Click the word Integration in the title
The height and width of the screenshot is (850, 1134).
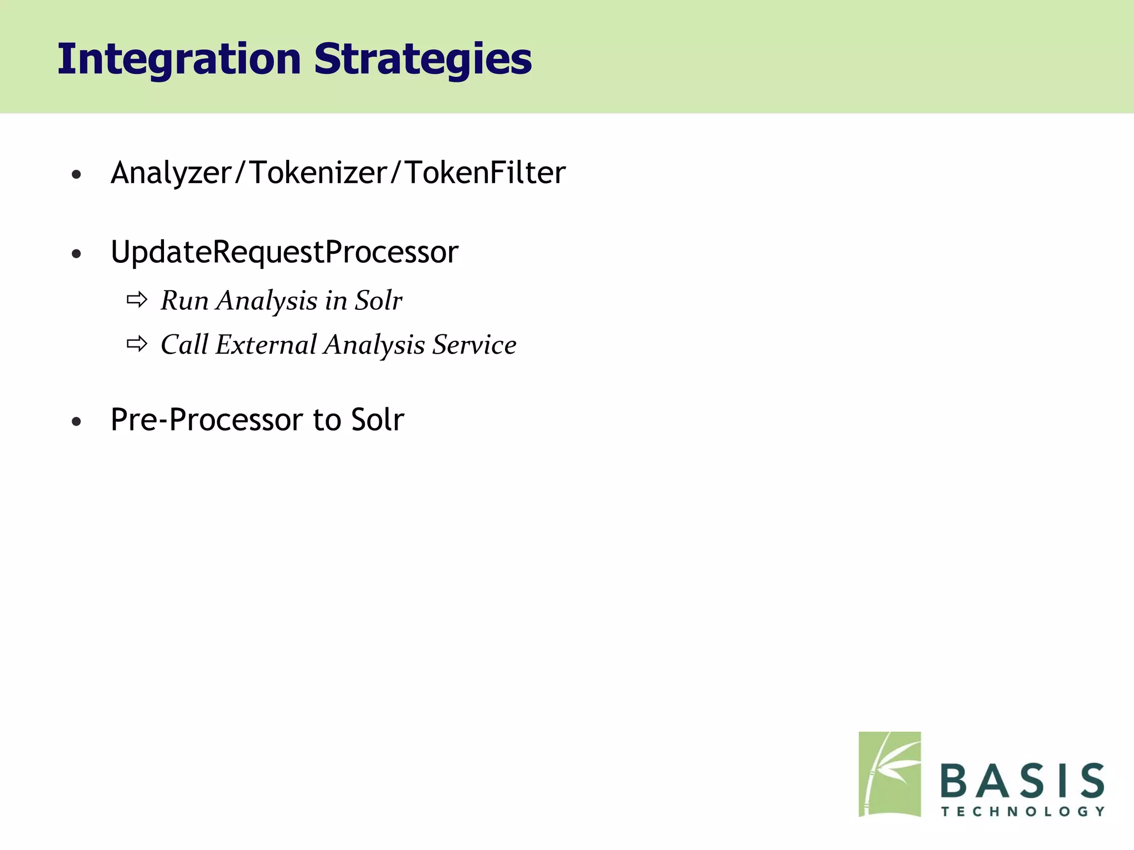[179, 59]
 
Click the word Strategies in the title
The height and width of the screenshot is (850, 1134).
[422, 59]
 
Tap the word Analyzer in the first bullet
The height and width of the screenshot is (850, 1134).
[171, 173]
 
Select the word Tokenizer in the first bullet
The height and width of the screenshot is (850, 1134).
[318, 173]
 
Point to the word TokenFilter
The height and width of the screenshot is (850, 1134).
[485, 173]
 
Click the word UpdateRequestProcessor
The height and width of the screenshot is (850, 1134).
[285, 252]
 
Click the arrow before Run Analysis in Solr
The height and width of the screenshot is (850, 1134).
[137, 300]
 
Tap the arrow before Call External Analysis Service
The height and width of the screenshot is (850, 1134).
[137, 344]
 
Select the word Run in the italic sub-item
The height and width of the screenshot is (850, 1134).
[184, 301]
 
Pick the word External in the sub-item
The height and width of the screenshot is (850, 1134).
[266, 345]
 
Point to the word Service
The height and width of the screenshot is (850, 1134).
[474, 345]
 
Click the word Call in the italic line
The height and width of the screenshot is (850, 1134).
[184, 345]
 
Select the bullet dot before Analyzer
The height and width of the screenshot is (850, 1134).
[76, 175]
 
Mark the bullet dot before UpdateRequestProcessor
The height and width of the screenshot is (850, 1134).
[76, 255]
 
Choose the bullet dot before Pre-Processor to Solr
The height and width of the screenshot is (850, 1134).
[76, 422]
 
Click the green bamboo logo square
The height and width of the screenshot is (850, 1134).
[889, 774]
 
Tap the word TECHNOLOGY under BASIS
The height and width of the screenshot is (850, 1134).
[1023, 812]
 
